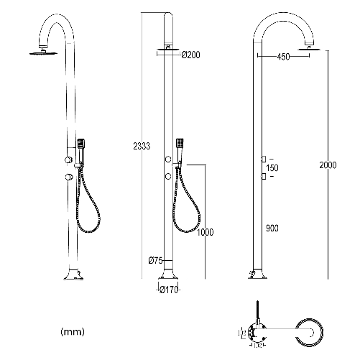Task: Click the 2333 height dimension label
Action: tap(141, 147)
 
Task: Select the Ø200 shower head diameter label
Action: tap(190, 55)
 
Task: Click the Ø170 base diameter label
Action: tap(168, 290)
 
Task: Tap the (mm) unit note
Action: tap(73, 333)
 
